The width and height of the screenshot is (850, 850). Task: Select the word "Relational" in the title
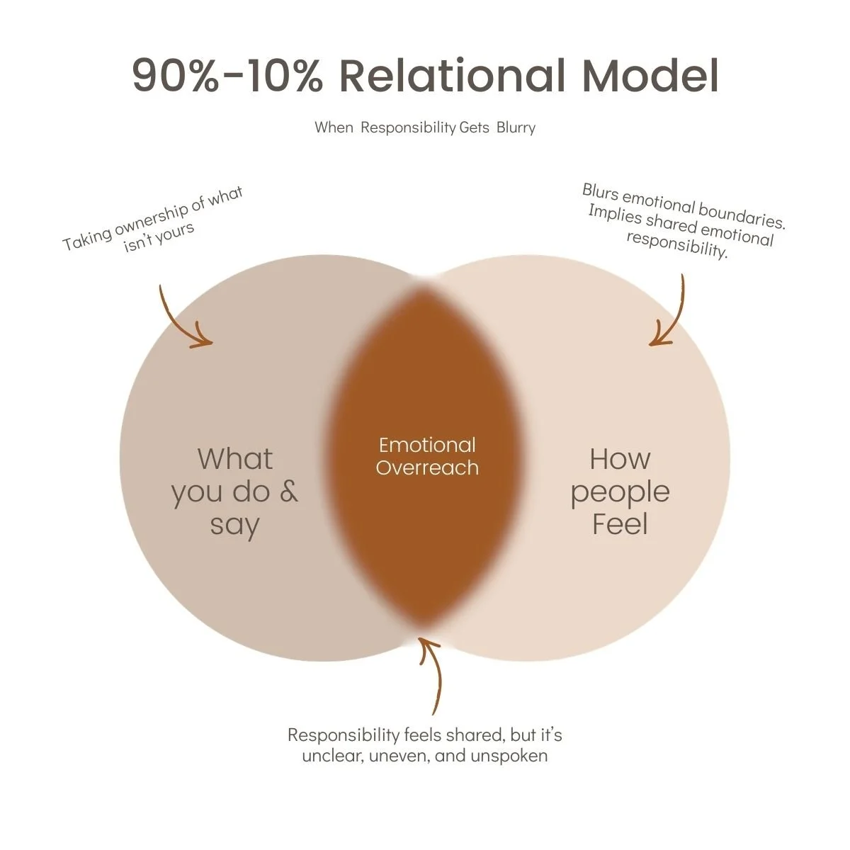[x=452, y=76]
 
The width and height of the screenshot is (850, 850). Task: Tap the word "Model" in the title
[x=650, y=76]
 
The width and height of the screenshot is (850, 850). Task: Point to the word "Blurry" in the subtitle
[x=516, y=127]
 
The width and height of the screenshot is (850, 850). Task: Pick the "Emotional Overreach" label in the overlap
[x=427, y=456]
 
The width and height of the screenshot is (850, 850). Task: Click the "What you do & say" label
[x=234, y=492]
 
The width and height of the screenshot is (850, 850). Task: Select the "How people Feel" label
[x=620, y=492]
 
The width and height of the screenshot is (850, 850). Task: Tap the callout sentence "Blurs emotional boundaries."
[x=684, y=205]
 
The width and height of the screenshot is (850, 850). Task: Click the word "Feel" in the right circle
[x=620, y=525]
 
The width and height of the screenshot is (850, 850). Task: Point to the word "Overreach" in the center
[x=427, y=467]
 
